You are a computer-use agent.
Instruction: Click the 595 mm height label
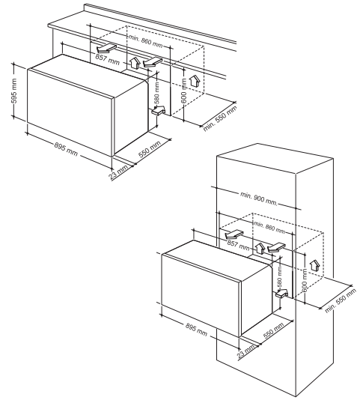pos(14,91)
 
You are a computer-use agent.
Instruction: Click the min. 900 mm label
pos(259,199)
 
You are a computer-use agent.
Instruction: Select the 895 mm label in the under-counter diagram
pos(66,149)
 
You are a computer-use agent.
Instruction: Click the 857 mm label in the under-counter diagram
pos(108,60)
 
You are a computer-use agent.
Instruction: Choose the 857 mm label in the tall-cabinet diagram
pos(238,244)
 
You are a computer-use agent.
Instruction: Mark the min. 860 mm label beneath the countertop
pos(146,41)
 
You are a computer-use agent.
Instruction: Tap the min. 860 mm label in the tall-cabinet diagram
pos(269,227)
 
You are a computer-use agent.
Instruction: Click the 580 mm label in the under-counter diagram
pos(157,93)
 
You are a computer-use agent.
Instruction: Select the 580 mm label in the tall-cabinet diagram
pos(279,276)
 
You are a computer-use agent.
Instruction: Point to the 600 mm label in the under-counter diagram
pos(184,91)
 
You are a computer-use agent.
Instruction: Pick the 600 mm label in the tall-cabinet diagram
pos(305,280)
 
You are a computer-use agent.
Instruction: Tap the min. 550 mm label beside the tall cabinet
pos(341,300)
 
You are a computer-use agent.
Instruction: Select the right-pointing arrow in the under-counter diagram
pos(159,111)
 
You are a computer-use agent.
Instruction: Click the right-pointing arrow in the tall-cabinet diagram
pos(281,293)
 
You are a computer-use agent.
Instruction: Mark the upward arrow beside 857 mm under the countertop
pos(134,63)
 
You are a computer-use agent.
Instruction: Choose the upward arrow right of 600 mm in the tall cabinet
pos(314,265)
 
